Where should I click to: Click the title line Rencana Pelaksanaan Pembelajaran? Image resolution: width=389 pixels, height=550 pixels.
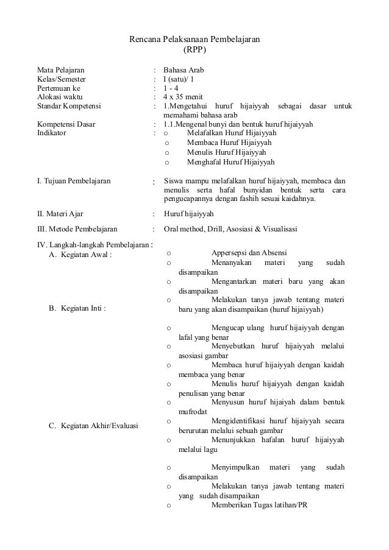coord(195,40)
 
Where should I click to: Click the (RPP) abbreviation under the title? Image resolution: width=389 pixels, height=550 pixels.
coord(195,50)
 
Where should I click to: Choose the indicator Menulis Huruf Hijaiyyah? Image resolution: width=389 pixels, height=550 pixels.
coord(226,152)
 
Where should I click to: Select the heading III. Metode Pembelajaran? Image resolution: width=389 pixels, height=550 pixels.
coord(81,229)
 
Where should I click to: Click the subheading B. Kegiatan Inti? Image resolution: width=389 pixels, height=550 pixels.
coord(76,309)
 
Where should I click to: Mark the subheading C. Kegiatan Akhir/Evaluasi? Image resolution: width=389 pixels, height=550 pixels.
coord(93,425)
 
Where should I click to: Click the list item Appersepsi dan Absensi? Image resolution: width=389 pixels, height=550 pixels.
coord(249,253)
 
